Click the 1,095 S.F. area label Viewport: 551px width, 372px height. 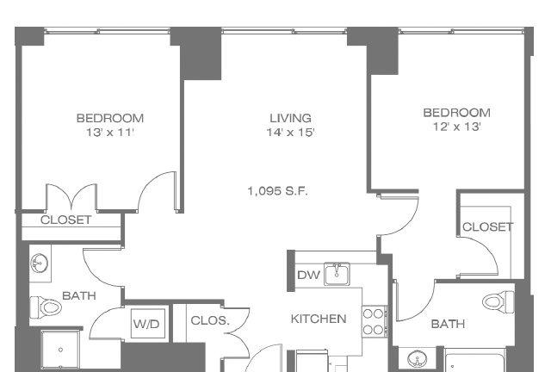pos(277,191)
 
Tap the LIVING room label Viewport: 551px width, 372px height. pos(291,118)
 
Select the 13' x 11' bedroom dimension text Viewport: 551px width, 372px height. pos(110,133)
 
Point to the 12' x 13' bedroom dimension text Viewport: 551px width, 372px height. pos(457,127)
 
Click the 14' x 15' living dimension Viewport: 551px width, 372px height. pos(290,133)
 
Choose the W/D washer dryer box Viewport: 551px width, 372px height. pos(146,324)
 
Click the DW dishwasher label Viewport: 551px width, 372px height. pos(308,275)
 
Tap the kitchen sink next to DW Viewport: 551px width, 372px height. pos(337,274)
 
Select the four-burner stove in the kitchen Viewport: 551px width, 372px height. pos(375,321)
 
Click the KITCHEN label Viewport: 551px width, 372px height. pos(319,319)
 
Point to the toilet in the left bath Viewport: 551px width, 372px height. pos(46,307)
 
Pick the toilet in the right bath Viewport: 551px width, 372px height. pos(498,301)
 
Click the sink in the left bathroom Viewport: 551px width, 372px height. pos(40,263)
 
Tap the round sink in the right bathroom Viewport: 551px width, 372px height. pos(417,359)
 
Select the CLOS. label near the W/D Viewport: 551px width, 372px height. pos(210,320)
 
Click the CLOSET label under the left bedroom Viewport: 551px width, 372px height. pos(65,220)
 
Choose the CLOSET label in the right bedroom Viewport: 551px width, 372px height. pos(488,226)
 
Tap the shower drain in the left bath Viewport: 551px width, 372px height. pos(60,350)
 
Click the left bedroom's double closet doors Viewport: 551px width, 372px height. pos(71,197)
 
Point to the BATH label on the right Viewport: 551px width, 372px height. pos(448,324)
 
